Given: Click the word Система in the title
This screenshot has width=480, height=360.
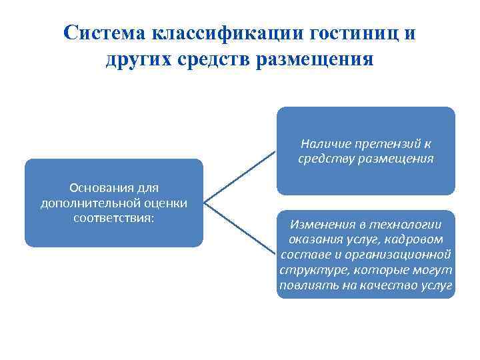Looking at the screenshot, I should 105,33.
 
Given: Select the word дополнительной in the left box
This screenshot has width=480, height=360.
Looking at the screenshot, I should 85,203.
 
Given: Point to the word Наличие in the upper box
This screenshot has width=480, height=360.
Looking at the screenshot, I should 323,143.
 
